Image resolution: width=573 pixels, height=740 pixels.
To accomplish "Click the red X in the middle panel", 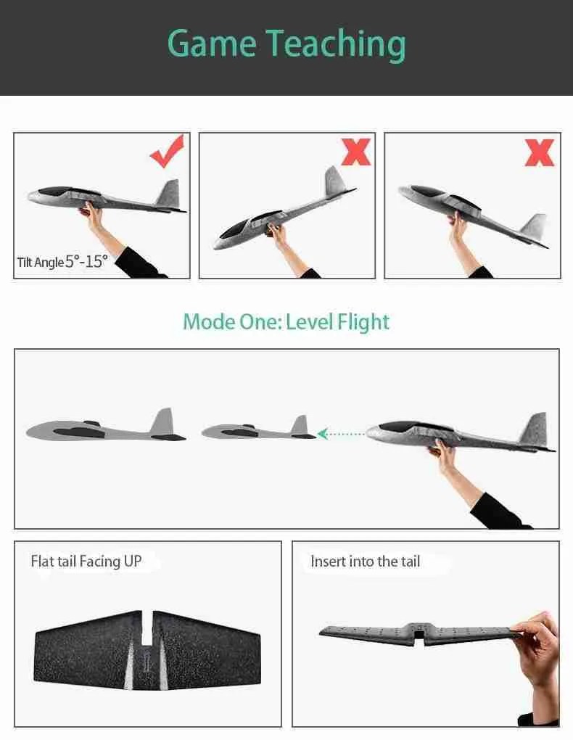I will [355, 152].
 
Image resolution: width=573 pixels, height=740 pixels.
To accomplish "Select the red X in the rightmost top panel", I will [540, 152].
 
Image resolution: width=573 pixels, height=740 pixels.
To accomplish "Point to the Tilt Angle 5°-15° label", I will [62, 262].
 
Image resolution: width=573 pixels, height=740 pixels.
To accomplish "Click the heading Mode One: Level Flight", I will [286, 322].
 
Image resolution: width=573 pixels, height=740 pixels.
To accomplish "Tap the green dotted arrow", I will [341, 435].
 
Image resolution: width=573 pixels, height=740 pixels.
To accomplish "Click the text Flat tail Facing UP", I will [86, 561].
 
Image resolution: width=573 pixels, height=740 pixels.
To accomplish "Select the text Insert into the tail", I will [365, 561].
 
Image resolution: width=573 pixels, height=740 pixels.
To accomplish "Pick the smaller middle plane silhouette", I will [257, 432].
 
